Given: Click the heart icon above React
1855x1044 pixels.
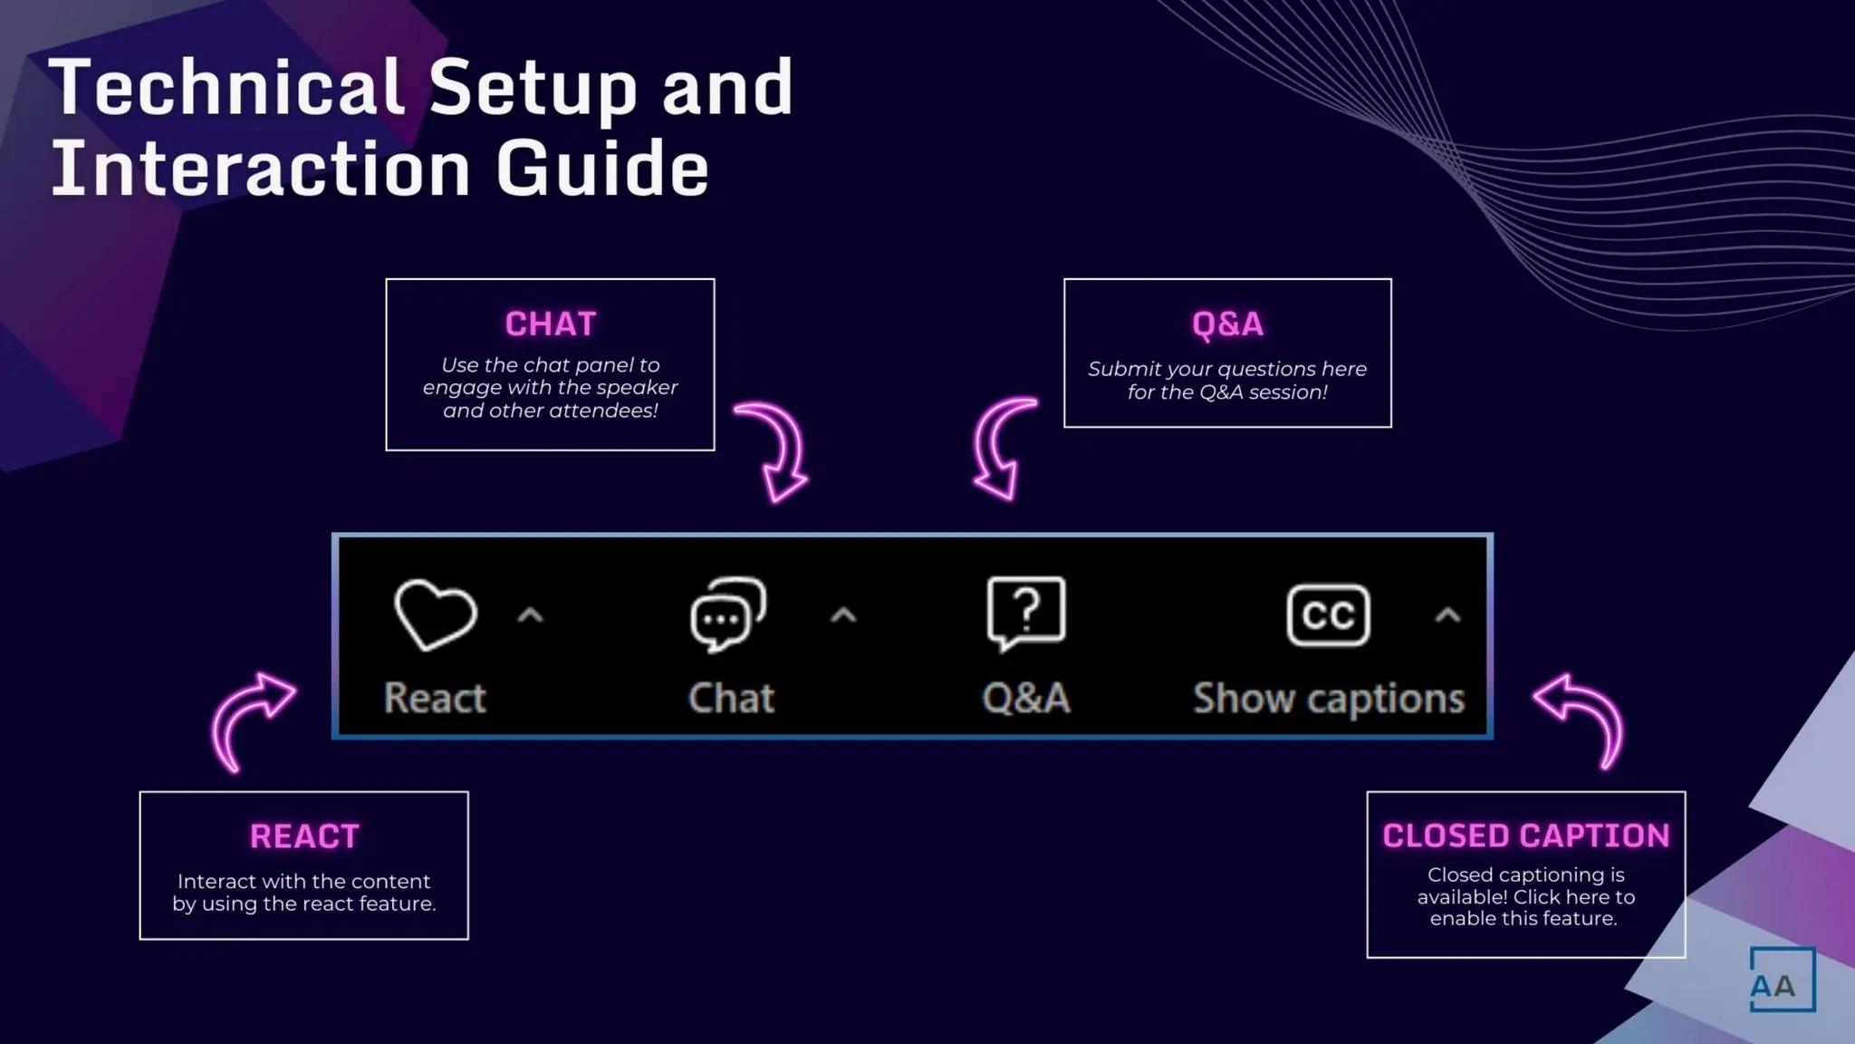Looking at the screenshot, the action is (x=436, y=615).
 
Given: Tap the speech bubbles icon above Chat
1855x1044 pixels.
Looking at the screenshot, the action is (x=728, y=614).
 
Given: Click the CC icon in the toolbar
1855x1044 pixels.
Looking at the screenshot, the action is (x=1328, y=615).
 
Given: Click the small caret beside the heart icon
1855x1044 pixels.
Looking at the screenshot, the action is (x=530, y=616).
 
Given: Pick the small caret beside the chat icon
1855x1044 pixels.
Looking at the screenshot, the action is (x=843, y=616).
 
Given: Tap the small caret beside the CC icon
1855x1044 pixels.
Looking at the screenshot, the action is (x=1447, y=616).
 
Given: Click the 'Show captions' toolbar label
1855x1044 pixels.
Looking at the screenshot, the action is (x=1329, y=699).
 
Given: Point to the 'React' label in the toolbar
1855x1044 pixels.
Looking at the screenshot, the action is (x=435, y=699).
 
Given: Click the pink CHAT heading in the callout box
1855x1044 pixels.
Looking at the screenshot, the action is (x=551, y=324).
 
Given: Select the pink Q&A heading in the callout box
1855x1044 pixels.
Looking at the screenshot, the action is (x=1227, y=324).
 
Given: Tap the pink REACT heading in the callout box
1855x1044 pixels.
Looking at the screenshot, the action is (x=304, y=836).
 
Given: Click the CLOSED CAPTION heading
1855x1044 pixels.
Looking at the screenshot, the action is (x=1526, y=836).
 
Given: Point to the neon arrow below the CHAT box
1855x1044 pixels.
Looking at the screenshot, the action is (x=774, y=450).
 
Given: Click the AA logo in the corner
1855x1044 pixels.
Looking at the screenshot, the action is (x=1782, y=980).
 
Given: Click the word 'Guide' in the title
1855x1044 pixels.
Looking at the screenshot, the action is (x=602, y=169).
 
